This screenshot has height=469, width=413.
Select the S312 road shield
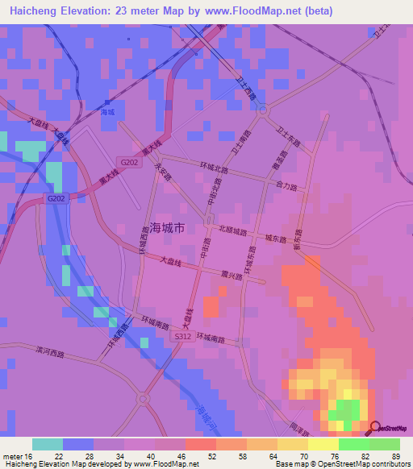[182, 337]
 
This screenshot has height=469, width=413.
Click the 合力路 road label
[287, 186]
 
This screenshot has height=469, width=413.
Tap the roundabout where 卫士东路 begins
[262, 112]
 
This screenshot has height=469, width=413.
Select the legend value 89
[395, 457]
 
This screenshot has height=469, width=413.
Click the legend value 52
[212, 457]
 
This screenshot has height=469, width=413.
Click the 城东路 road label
[276, 239]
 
